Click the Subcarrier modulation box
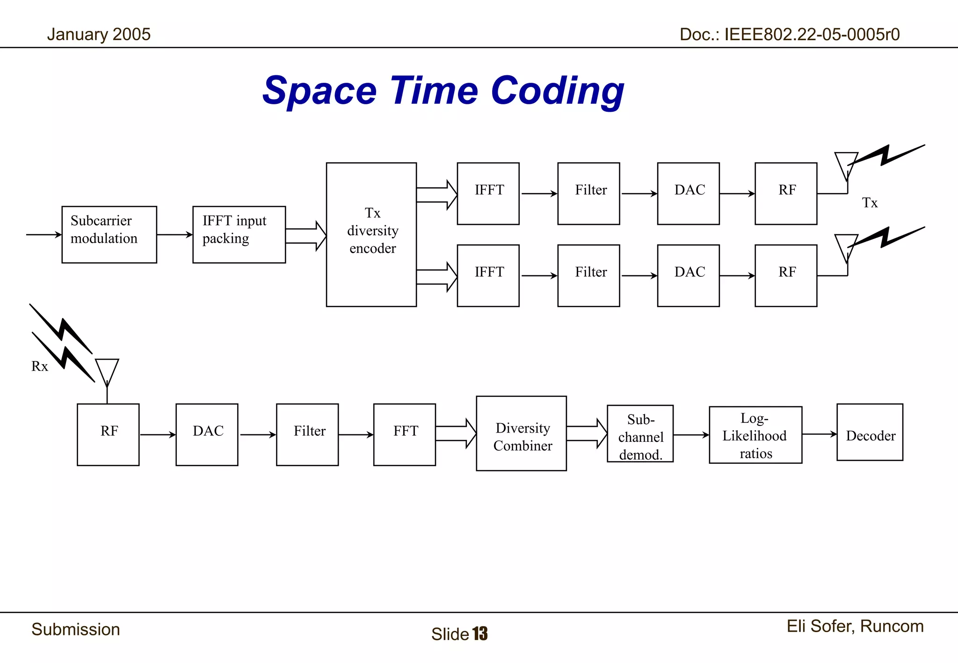(x=109, y=234)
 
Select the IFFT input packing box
(x=239, y=234)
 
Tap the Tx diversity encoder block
(x=371, y=234)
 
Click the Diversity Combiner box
(x=521, y=433)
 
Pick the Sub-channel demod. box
(x=640, y=433)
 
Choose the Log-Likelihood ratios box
(x=755, y=435)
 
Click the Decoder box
(x=870, y=432)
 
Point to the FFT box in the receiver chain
(x=405, y=434)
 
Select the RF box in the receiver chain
(x=108, y=434)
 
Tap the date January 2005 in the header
(x=99, y=34)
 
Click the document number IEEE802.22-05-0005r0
(x=812, y=34)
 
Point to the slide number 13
(x=480, y=634)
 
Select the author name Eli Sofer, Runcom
(x=855, y=626)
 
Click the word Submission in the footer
(x=76, y=629)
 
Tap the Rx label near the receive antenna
(x=40, y=366)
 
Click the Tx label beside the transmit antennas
(x=870, y=202)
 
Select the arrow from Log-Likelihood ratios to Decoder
(x=819, y=434)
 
